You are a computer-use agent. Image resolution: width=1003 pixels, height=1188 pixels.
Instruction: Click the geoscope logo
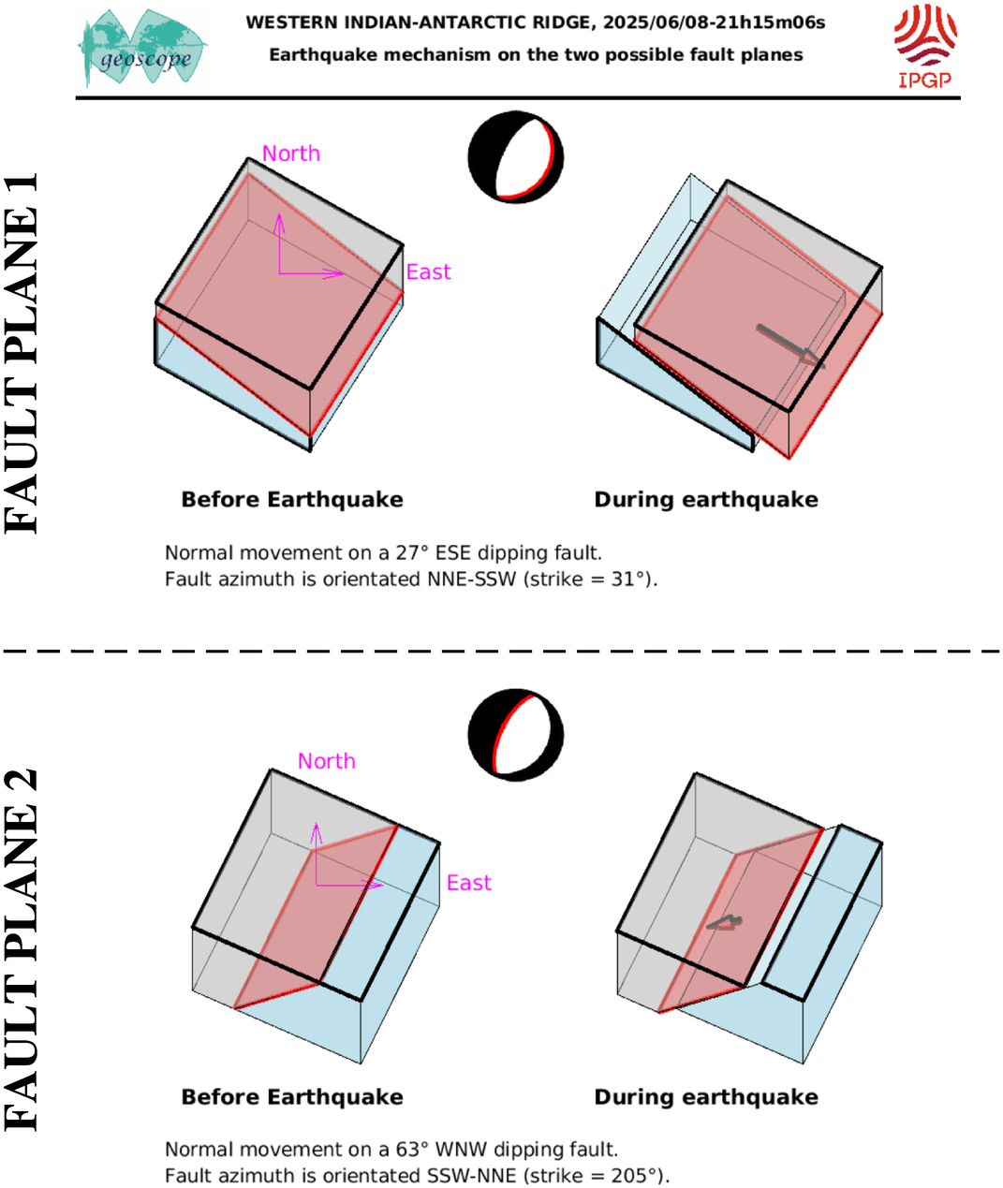tap(142, 48)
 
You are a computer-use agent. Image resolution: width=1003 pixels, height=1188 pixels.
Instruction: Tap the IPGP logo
tap(925, 46)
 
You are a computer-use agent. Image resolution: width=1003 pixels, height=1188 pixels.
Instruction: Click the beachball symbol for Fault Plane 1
tap(516, 157)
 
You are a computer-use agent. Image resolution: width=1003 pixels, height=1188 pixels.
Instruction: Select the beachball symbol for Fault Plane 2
tap(516, 735)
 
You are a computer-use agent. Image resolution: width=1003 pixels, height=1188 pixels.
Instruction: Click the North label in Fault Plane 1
tap(291, 154)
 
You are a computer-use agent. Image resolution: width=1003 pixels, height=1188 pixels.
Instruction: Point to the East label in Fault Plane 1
tap(428, 272)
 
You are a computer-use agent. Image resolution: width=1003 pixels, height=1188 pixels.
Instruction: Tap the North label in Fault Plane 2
tap(327, 761)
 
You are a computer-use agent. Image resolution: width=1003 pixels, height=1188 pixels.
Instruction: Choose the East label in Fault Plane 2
tap(468, 883)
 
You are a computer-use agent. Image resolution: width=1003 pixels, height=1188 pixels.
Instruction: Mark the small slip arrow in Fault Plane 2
tap(725, 923)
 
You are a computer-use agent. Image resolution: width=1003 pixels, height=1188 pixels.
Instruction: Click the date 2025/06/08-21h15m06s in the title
tap(714, 22)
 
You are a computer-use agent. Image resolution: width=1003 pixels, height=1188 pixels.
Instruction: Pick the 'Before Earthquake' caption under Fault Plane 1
tap(292, 500)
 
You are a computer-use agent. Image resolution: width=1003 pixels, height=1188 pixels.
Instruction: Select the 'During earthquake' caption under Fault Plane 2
tap(706, 1097)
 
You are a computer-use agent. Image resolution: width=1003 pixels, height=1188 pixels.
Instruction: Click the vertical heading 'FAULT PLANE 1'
tap(22, 353)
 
